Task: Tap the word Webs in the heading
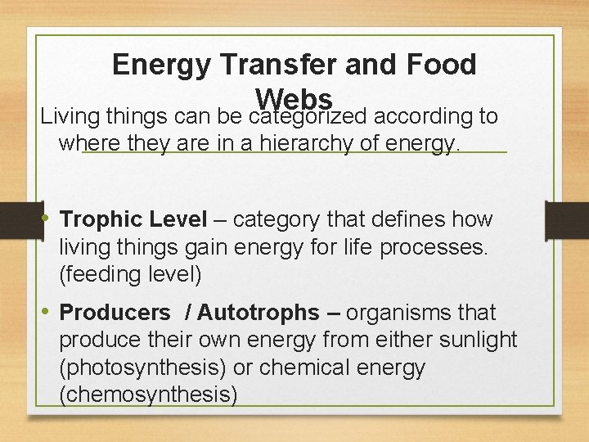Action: (294, 97)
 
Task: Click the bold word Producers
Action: (115, 313)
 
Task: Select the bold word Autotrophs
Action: (258, 313)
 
